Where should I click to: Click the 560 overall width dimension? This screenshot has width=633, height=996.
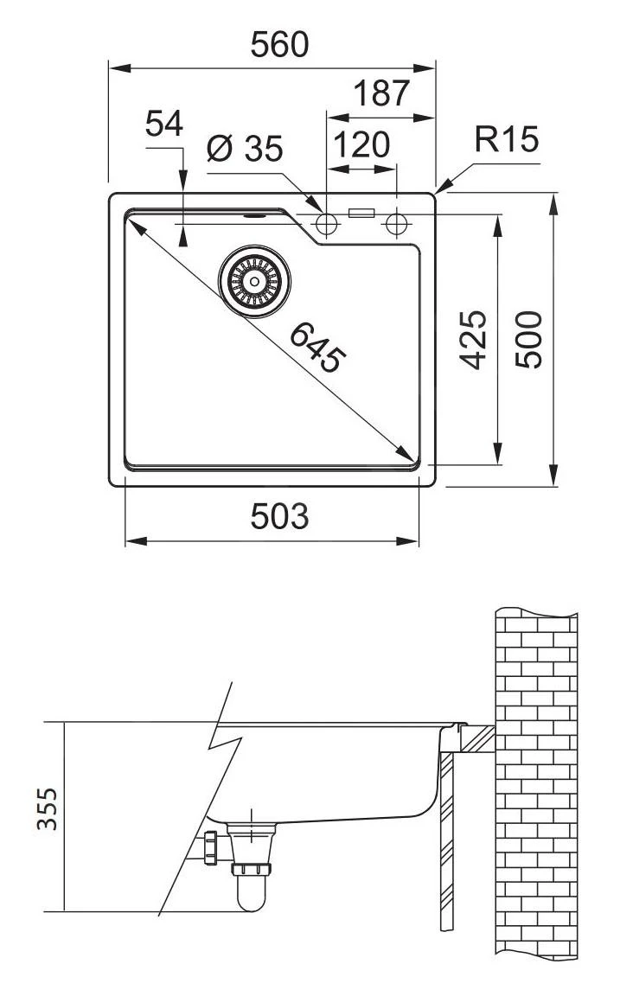click(x=278, y=44)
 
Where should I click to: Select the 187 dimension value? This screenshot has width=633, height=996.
click(x=380, y=93)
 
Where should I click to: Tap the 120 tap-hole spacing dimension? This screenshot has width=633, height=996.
click(x=361, y=144)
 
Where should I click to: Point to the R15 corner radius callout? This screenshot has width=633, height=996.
click(x=507, y=139)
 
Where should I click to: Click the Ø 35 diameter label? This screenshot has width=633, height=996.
click(x=245, y=150)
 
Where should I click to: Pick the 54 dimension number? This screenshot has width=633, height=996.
click(x=163, y=124)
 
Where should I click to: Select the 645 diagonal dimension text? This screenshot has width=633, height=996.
click(x=316, y=346)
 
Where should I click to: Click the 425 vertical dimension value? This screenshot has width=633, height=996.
click(x=473, y=340)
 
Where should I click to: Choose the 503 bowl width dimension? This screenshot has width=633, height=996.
click(x=278, y=516)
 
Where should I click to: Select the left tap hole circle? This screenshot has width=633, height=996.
click(x=327, y=225)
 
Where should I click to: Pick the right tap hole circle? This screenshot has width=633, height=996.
click(x=396, y=225)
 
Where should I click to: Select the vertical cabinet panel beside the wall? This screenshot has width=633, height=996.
click(x=446, y=839)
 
